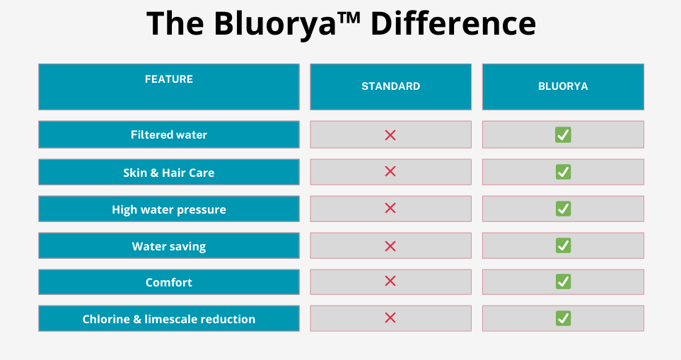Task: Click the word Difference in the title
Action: [453, 23]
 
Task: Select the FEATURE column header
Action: [169, 79]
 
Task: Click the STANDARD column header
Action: [390, 86]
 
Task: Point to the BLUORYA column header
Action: [563, 86]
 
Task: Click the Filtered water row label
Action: [169, 134]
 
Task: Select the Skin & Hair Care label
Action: [169, 173]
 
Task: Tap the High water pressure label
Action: [169, 210]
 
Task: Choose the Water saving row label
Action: [169, 246]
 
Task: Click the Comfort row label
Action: [169, 282]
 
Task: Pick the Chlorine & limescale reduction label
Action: [169, 319]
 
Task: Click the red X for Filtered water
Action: [390, 135]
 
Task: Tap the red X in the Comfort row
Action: [390, 281]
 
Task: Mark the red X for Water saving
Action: [390, 246]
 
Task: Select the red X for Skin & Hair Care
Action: [390, 171]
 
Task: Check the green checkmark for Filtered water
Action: [563, 134]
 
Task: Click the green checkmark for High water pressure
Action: [563, 209]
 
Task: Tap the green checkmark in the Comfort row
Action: [563, 281]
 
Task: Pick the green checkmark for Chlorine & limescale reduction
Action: [563, 318]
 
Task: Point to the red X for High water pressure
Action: [390, 208]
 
